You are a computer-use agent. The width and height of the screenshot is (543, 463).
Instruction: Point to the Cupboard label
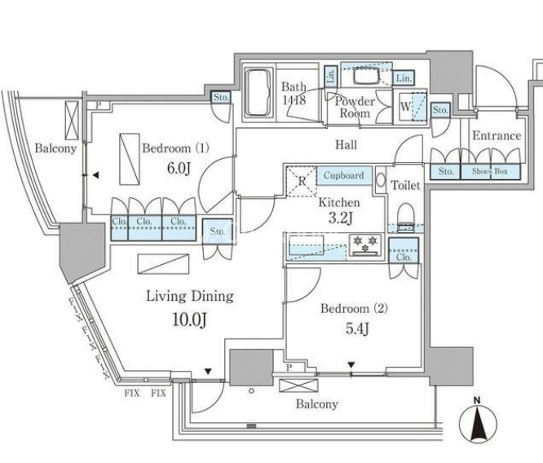(x=343, y=175)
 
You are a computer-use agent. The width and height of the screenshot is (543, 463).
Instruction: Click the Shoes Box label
(x=488, y=171)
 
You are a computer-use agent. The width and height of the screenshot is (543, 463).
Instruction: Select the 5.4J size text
(x=352, y=329)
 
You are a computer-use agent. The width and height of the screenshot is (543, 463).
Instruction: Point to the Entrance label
(x=497, y=135)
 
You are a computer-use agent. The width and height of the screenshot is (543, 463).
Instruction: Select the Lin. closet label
(x=404, y=78)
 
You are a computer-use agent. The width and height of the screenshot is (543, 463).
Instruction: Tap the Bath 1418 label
(x=294, y=93)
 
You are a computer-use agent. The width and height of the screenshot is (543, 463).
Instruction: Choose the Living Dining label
(x=190, y=295)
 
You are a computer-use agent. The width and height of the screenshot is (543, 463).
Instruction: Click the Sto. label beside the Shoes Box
(x=445, y=171)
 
